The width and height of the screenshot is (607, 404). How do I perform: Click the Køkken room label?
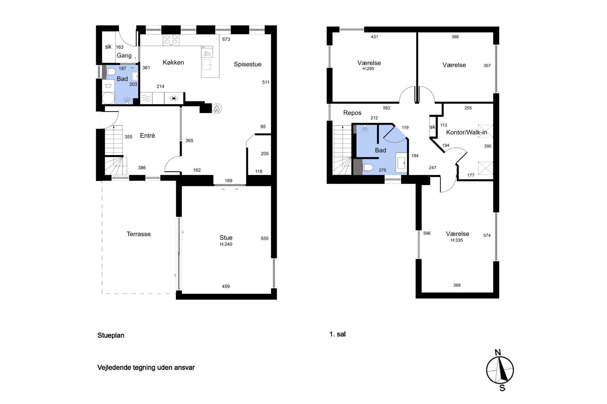173,62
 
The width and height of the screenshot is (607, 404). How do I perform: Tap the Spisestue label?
248,64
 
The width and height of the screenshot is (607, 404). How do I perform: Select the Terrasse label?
139,234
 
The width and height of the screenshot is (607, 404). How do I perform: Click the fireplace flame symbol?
217,108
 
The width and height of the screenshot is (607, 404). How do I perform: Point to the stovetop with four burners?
171,40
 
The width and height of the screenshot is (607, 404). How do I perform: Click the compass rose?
500,370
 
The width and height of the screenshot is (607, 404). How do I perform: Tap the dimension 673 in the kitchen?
226,39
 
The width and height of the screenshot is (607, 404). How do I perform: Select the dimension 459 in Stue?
226,286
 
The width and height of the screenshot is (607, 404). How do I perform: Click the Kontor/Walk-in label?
467,132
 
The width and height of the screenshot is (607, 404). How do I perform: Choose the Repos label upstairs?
352,113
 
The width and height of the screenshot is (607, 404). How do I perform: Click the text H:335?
457,240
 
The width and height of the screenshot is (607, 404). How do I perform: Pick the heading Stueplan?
111,335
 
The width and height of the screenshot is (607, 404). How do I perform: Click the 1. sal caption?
337,334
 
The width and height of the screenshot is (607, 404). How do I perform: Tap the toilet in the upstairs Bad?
367,167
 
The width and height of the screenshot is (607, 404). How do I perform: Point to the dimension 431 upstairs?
374,37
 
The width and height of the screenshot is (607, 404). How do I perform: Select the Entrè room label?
147,135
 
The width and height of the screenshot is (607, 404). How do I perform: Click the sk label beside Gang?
108,47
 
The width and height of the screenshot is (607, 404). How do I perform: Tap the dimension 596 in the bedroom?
427,233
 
